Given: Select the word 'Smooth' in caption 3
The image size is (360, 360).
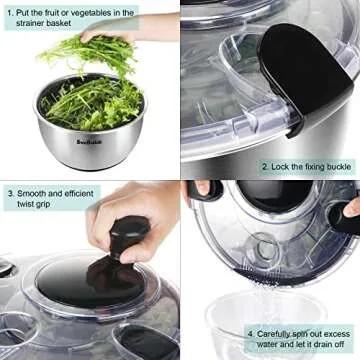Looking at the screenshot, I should click(32, 191).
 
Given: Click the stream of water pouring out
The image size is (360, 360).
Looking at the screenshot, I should click(262, 290).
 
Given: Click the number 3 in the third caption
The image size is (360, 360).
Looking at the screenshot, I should click(8, 191).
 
